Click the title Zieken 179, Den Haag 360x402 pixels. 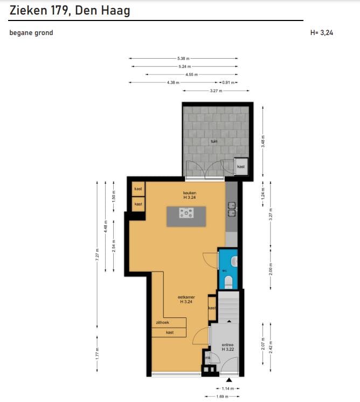[70, 10]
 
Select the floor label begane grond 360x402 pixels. [31, 33]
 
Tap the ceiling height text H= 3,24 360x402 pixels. [322, 33]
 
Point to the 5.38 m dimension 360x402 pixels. [183, 58]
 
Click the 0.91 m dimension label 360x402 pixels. [229, 82]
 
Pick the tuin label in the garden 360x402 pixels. [214, 141]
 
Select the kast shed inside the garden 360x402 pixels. [241, 167]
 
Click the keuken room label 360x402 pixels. [189, 192]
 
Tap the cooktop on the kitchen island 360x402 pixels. [186, 214]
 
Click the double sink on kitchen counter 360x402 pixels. [231, 209]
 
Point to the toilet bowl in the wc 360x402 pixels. [228, 281]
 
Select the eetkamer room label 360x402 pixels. [186, 297]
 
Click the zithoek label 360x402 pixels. [162, 322]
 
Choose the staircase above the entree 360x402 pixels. [227, 307]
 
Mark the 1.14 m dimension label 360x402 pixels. [229, 388]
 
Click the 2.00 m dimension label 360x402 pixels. [271, 268]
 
